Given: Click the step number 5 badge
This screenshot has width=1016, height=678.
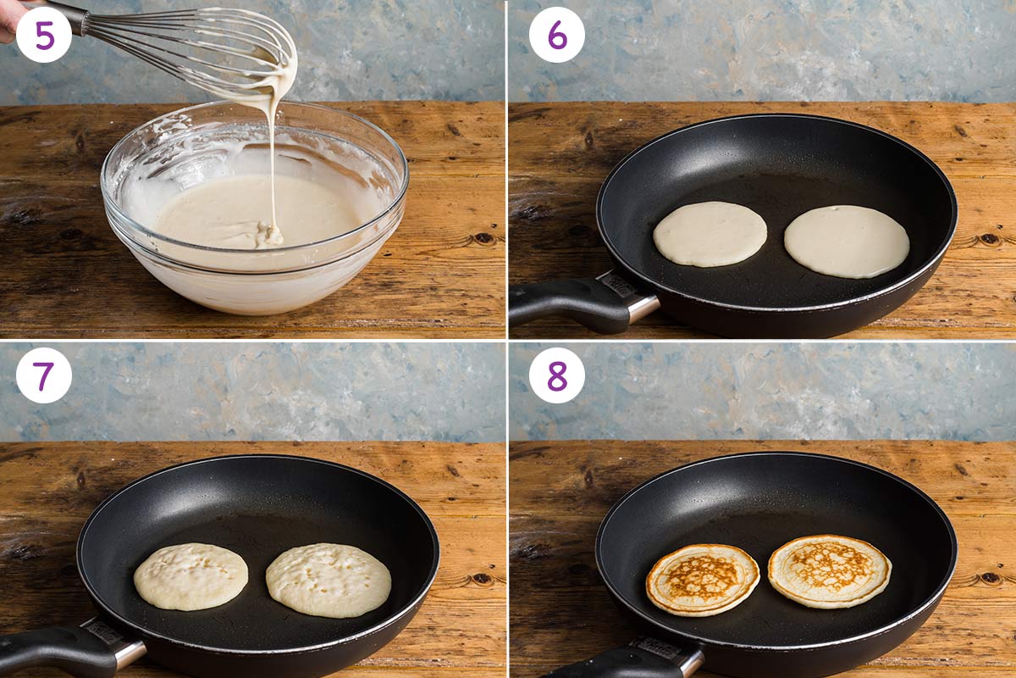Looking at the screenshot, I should [44, 35].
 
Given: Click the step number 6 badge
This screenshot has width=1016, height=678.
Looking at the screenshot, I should [556, 35].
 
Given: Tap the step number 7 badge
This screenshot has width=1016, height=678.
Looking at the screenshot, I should [44, 375].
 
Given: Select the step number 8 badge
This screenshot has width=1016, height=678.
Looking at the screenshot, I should [556, 375].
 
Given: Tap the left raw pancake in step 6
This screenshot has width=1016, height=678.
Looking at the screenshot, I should [710, 234].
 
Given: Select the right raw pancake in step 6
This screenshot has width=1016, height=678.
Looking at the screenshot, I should [847, 242].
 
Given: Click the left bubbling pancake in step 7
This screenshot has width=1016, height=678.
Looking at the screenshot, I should [190, 576].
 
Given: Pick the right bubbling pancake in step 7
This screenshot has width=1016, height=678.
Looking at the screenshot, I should [329, 581].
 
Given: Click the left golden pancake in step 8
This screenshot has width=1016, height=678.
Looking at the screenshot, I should [703, 580].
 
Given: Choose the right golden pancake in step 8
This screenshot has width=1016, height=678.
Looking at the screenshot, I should [829, 571].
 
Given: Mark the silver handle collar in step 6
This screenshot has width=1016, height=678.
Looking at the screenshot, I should [639, 306].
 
